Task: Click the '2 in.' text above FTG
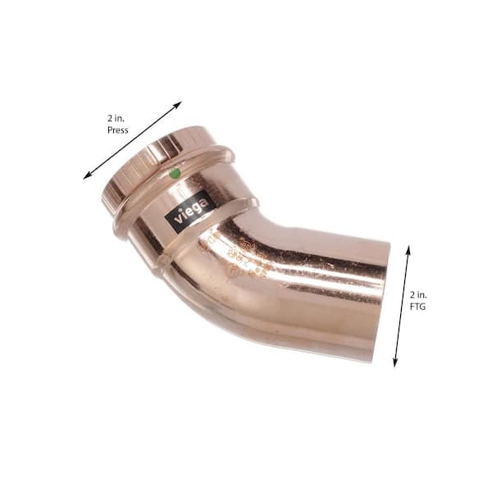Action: click(418, 293)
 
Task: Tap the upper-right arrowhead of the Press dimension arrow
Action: click(178, 104)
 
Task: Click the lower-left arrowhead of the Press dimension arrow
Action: click(87, 175)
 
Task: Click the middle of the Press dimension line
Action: click(132, 140)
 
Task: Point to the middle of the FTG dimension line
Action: click(402, 305)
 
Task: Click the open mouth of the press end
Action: click(123, 172)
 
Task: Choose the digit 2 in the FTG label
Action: click(412, 293)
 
